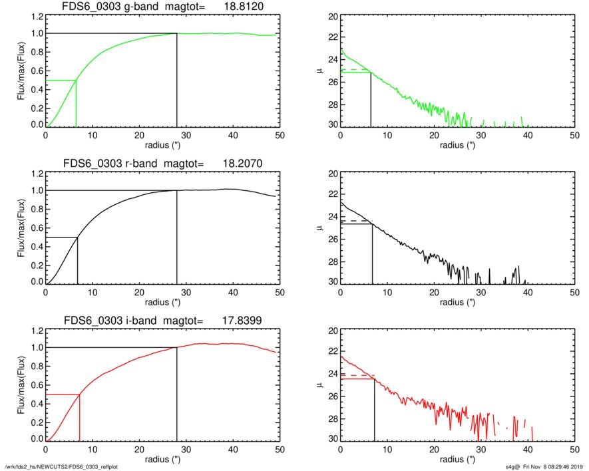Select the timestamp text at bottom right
click(542, 466)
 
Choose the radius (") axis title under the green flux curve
click(162, 144)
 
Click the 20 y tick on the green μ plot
click(328, 17)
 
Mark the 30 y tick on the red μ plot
click(328, 440)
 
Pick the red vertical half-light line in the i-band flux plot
click(80, 417)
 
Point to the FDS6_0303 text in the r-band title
click(89, 164)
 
